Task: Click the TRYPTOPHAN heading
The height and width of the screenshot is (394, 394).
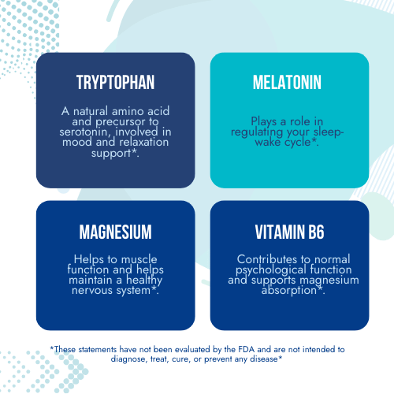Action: coord(115,82)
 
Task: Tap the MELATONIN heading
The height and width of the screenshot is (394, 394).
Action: coord(287,82)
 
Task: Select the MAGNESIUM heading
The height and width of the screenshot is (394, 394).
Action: coord(115,232)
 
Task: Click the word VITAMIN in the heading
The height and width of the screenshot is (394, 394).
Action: coord(278,232)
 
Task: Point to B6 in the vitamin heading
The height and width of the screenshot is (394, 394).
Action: coord(316,232)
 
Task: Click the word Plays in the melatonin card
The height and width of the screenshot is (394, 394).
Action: coord(264,121)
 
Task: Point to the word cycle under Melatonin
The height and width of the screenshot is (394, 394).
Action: coord(298,143)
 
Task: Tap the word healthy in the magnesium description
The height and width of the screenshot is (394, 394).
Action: coord(144,281)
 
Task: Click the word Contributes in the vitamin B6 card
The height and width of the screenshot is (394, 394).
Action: coord(267,259)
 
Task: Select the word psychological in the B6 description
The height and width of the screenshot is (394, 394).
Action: coord(271,270)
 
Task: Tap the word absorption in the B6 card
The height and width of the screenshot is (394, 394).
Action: coord(289,291)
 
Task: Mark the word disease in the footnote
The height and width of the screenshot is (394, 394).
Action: coord(264,359)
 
